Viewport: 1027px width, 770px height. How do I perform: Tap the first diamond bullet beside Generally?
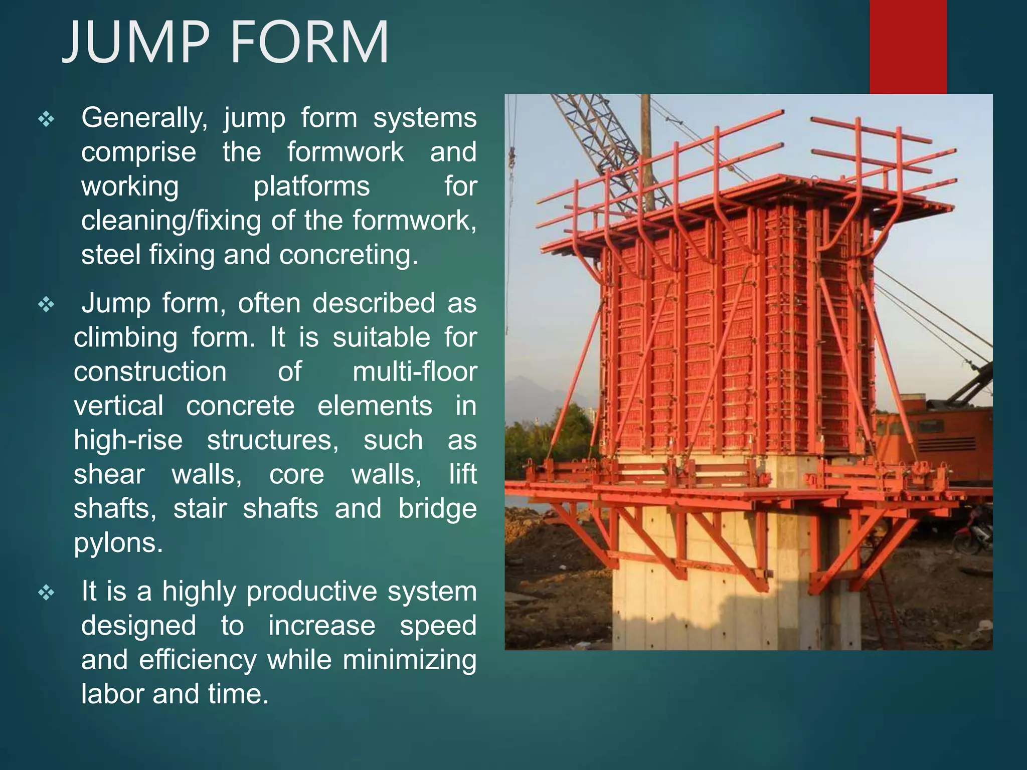click(46, 119)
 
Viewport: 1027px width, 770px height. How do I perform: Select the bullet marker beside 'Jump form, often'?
click(46, 305)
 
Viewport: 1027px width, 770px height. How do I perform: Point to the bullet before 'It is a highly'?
click(46, 593)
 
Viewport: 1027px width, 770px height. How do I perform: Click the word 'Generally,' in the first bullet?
click(144, 118)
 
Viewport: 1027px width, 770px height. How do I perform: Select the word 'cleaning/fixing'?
click(171, 221)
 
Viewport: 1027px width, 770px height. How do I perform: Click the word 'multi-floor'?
click(414, 372)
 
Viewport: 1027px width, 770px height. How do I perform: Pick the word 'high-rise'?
click(128, 440)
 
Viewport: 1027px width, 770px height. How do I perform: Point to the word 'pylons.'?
click(118, 542)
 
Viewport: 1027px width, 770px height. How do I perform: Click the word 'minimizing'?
click(409, 660)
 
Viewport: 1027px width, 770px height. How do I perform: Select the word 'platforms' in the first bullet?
click(311, 186)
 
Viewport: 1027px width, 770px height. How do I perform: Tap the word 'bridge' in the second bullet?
click(437, 508)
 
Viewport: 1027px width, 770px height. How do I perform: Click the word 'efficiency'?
click(198, 660)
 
